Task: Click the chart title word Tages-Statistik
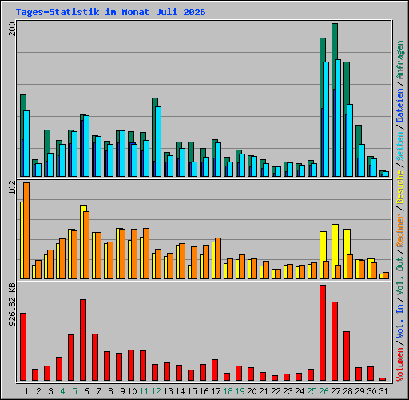click(58, 12)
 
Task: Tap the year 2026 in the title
click(194, 12)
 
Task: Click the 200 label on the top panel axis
click(12, 30)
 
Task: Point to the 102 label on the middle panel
click(12, 187)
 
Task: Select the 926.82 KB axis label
click(12, 305)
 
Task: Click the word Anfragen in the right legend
click(400, 60)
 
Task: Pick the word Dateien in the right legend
click(400, 105)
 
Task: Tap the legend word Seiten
click(400, 146)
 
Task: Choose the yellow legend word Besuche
click(400, 187)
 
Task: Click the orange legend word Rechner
click(400, 230)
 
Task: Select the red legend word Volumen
click(400, 364)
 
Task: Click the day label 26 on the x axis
click(324, 391)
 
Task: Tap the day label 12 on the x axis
click(156, 391)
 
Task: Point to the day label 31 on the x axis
click(383, 391)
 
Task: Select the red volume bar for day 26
click(323, 333)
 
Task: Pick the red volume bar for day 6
click(83, 340)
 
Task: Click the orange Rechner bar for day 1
click(26, 230)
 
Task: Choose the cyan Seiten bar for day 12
click(158, 142)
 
